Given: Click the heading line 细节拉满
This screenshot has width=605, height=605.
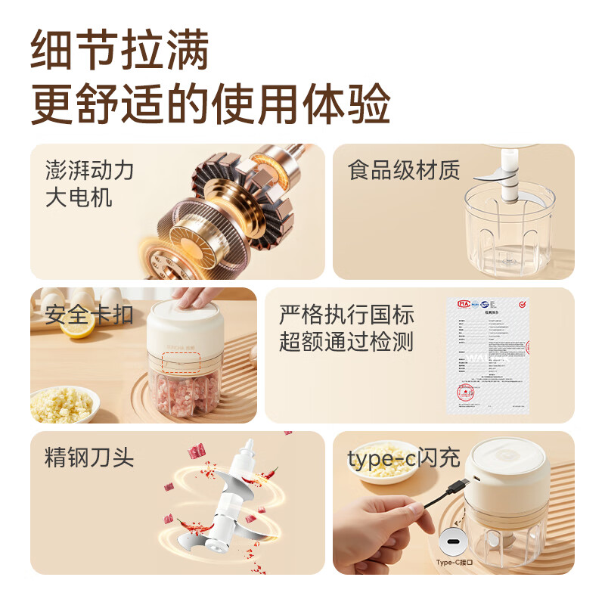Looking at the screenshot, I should click(x=119, y=51).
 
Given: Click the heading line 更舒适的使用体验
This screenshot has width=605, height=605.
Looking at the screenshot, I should click(x=210, y=104).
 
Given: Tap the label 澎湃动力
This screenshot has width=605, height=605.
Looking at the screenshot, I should click(x=89, y=170).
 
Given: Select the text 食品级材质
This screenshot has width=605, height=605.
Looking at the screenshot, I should click(x=404, y=170).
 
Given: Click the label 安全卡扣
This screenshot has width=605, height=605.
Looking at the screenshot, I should click(x=89, y=314).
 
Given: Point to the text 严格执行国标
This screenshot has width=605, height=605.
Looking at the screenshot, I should click(x=346, y=314).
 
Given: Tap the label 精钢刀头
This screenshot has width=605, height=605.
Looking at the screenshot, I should click(x=89, y=458).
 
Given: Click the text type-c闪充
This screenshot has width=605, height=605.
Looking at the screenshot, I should click(x=404, y=458).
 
